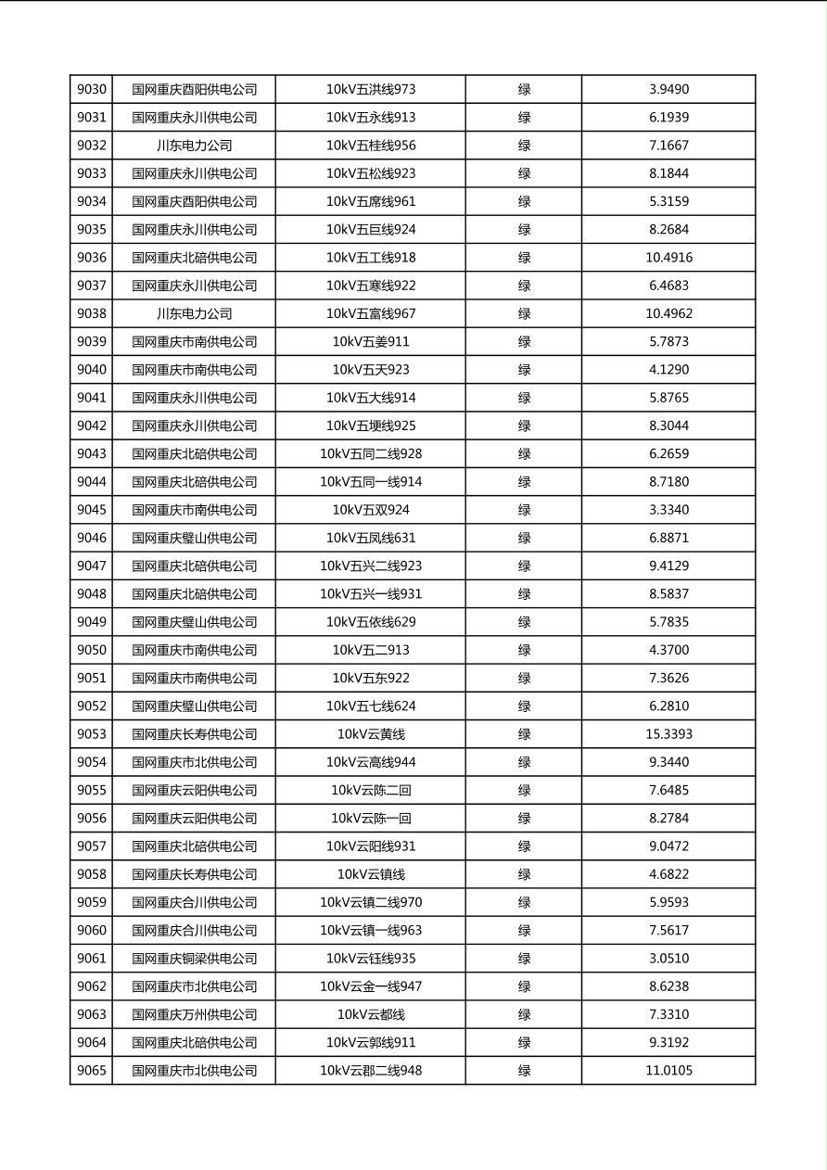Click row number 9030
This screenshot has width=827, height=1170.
coord(92,90)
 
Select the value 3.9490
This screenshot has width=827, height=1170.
coord(668,90)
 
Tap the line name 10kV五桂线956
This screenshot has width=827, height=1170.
coord(371,146)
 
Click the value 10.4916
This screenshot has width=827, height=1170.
coord(668,258)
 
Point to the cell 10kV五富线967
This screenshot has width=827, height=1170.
coord(371,313)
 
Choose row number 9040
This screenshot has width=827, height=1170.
coord(92,370)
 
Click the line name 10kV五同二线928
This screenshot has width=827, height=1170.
coord(371,454)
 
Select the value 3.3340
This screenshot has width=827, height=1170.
coord(668,510)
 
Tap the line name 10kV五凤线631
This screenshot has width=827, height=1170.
coord(371,538)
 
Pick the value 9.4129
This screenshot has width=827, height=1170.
coord(668,566)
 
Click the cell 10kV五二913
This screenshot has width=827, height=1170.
coord(371,650)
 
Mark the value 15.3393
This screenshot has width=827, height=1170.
coord(668,734)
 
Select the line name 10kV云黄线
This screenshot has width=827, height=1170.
coord(371,734)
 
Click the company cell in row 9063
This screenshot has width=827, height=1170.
coord(194,1014)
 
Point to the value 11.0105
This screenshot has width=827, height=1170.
coord(668,1071)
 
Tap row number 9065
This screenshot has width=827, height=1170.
coord(92,1071)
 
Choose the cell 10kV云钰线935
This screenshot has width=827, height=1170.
coord(371,959)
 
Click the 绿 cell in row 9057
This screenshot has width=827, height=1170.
coord(524,846)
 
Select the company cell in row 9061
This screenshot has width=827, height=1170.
coord(194,959)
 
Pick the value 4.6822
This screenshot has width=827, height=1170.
coord(668,874)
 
